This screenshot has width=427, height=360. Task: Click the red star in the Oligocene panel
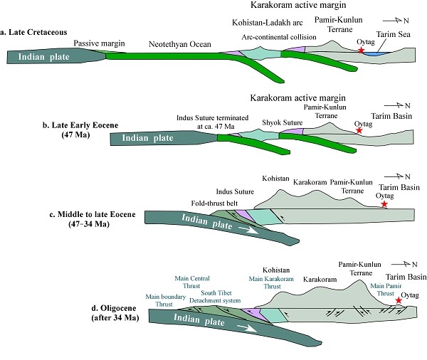click(398, 301)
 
